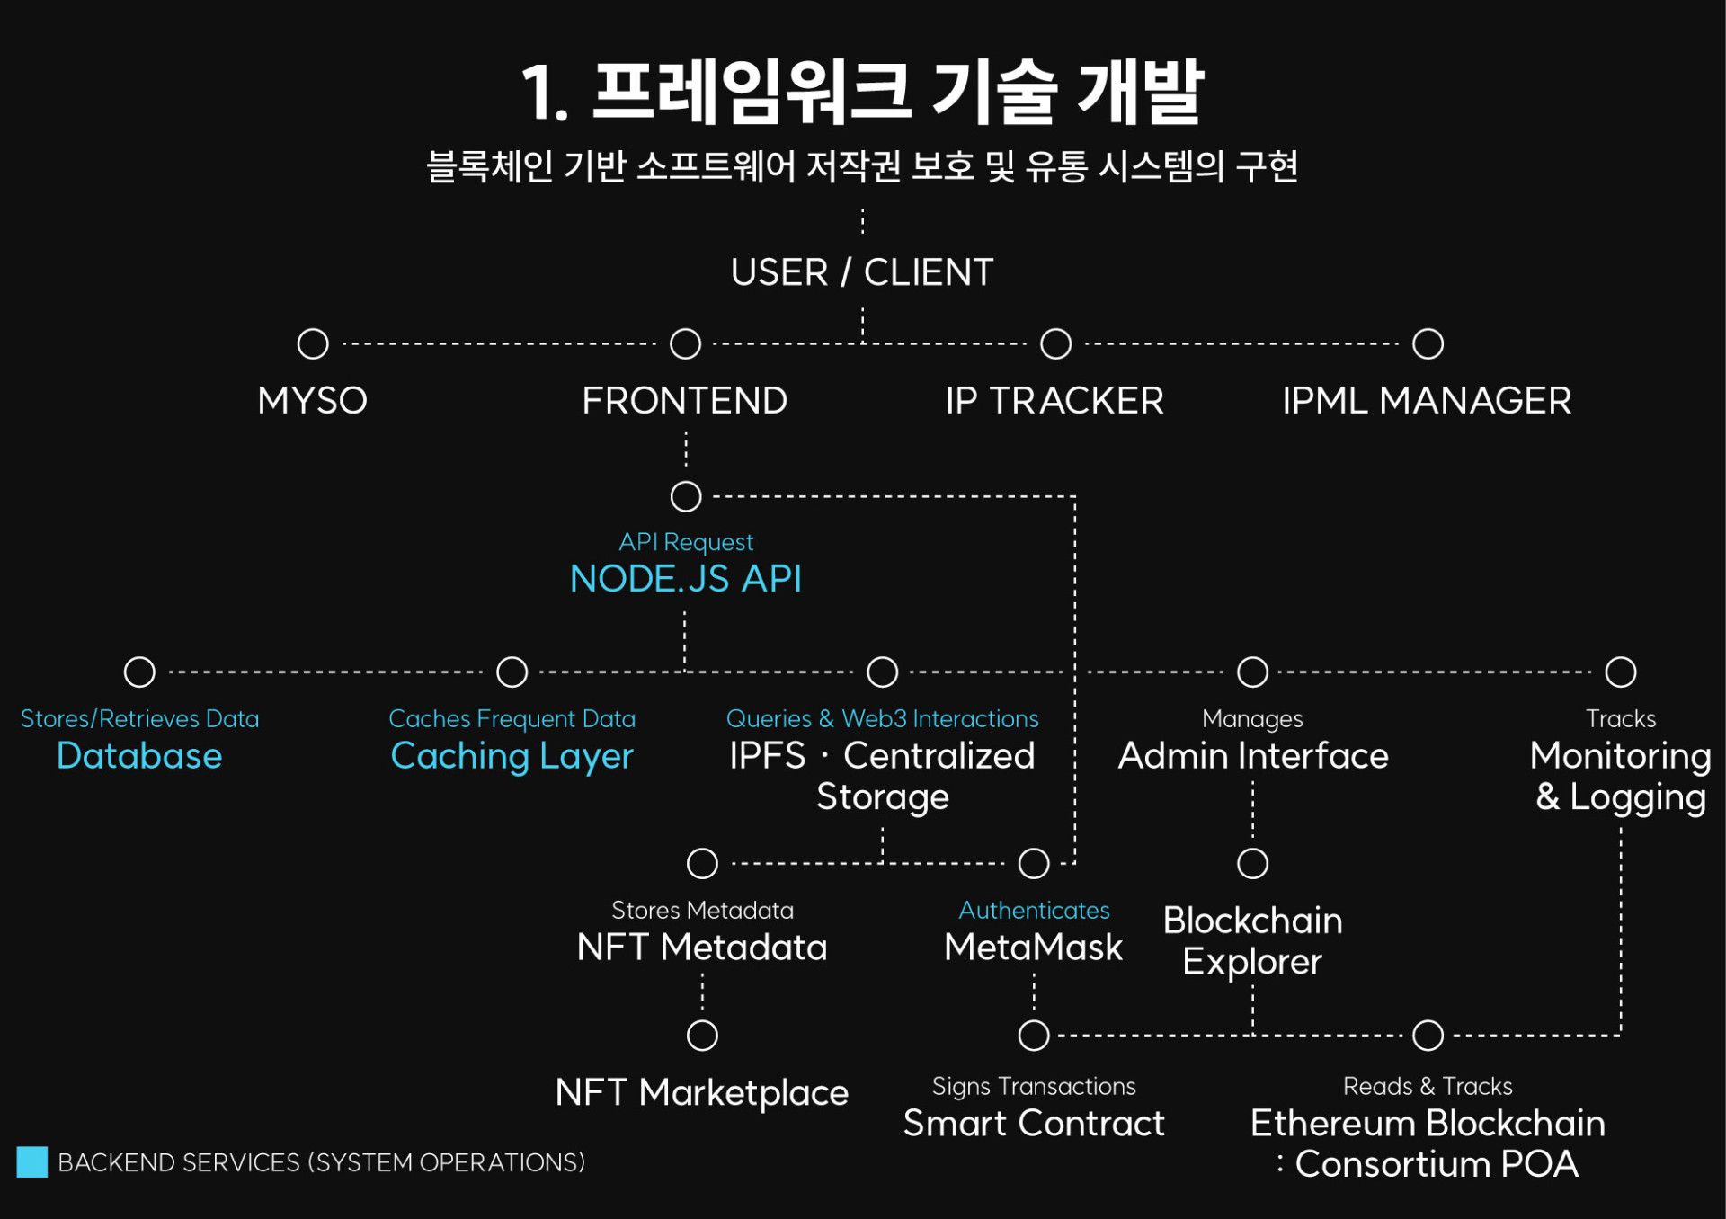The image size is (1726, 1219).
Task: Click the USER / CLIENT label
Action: tap(861, 272)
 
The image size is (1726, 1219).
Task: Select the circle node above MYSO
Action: tap(313, 343)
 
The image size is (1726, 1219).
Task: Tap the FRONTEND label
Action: tap(684, 401)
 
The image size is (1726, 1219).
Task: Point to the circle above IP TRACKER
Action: tap(1055, 343)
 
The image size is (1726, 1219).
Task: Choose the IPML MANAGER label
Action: tap(1427, 401)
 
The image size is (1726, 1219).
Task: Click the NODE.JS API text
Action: tap(685, 579)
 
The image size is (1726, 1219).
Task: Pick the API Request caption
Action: tap(685, 542)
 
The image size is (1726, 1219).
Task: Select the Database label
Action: tap(139, 756)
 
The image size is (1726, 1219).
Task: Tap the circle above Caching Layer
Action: tap(512, 672)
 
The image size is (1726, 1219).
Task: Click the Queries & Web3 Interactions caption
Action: tap(882, 719)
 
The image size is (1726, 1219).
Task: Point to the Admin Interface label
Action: tap(1252, 756)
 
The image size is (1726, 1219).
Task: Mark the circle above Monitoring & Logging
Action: tap(1621, 672)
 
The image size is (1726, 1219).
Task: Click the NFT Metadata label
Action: tap(701, 948)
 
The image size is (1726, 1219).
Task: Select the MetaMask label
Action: tap(1033, 948)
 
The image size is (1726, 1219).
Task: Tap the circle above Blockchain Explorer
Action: tap(1252, 863)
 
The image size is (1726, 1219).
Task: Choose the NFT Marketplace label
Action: tap(701, 1093)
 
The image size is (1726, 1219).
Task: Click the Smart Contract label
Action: tap(1033, 1124)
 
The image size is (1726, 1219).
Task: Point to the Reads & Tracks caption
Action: tap(1427, 1087)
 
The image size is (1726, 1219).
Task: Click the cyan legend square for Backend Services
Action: tap(32, 1161)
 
